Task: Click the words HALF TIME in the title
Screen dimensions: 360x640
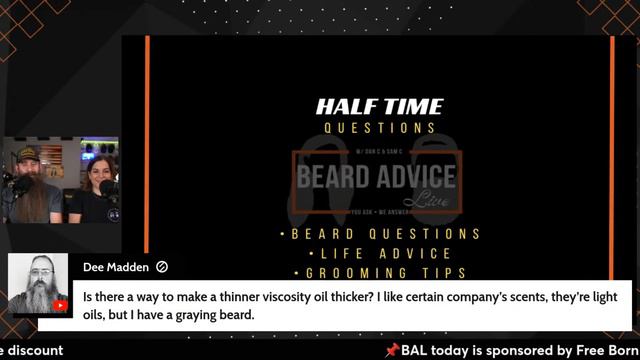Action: click(379, 107)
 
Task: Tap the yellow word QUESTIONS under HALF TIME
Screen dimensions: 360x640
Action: click(379, 128)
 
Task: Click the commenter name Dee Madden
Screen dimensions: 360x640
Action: click(116, 267)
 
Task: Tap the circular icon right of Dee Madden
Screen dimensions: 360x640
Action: click(162, 267)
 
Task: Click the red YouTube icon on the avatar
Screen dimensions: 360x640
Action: click(60, 305)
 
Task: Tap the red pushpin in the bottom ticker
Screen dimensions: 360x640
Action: click(392, 350)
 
